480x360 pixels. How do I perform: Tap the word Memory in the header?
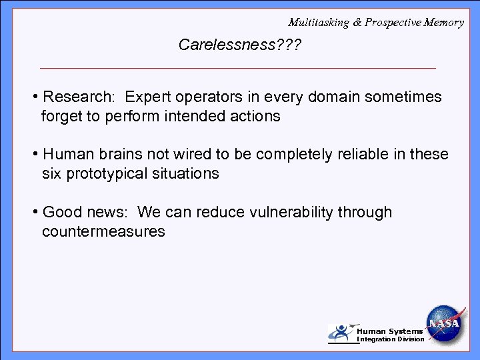coord(445,22)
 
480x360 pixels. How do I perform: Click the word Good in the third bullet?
coord(59,213)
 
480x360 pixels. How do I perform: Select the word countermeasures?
coord(103,232)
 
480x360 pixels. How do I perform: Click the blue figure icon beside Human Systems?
coord(342,333)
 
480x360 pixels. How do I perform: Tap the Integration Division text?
coord(391,339)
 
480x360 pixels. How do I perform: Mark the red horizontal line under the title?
coord(238,68)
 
